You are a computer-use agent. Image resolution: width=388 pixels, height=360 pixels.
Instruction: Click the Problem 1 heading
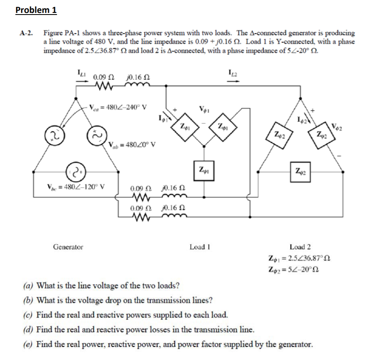(36, 10)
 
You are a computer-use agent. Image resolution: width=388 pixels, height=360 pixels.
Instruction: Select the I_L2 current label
(232, 73)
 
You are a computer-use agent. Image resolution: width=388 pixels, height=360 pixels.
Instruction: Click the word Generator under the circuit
(68, 246)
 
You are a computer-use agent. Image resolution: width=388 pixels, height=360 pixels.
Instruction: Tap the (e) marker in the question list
(28, 344)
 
